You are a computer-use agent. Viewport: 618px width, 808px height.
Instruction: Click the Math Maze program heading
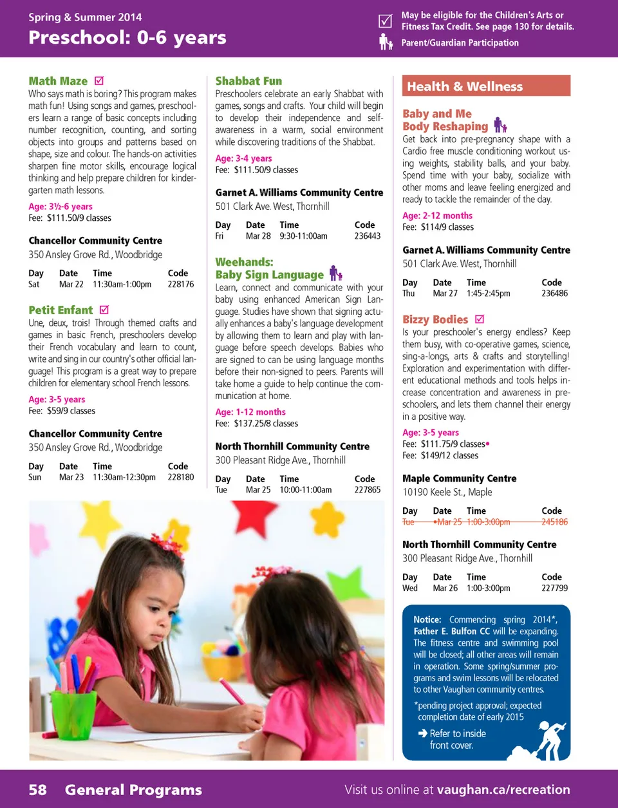pos(58,81)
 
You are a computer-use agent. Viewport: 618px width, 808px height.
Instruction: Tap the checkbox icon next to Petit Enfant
pos(104,310)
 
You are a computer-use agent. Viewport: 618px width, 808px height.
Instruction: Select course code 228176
pos(180,284)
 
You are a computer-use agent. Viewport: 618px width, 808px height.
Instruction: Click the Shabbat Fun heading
pos(248,81)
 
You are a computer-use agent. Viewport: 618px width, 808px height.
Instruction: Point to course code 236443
pos(367,236)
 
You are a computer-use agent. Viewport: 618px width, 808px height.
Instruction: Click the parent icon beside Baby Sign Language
pos(335,274)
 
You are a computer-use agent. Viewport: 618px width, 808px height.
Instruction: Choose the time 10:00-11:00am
pos(305,490)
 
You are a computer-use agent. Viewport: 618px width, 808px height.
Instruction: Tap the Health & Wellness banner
pos(486,86)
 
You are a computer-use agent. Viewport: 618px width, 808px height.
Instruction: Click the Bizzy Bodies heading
pos(435,319)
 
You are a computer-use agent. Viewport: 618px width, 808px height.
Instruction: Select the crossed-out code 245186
pos(554,522)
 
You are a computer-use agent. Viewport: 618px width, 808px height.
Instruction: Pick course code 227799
pos(554,588)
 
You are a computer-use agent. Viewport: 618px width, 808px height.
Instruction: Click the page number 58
pos(37,790)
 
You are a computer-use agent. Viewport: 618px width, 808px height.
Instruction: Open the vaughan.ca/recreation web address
pos(503,790)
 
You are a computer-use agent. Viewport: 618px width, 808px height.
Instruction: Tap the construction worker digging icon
pos(544,740)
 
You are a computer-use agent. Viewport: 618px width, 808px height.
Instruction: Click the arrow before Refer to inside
pos(422,733)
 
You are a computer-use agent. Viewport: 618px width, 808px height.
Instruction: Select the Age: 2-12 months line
pos(437,216)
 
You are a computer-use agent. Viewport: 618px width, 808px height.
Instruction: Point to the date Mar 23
pos(71,477)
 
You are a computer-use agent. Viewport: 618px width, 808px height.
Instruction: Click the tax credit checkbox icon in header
pos(385,21)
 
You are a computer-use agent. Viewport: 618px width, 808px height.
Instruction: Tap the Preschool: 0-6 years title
pos(127,38)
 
